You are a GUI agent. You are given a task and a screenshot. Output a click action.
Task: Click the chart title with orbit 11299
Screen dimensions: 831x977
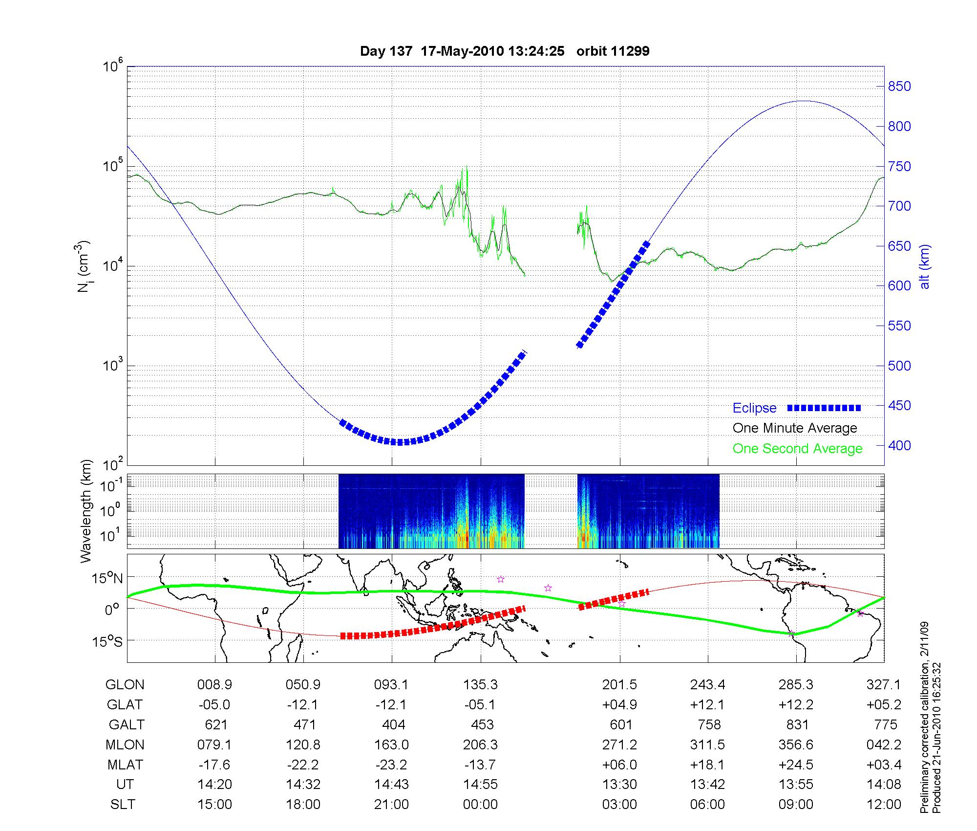pyautogui.click(x=505, y=51)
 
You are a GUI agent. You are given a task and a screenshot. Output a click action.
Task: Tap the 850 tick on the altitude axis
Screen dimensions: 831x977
pyautogui.click(x=899, y=87)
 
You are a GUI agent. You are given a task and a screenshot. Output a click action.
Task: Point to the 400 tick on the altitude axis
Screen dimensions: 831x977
pyautogui.click(x=899, y=445)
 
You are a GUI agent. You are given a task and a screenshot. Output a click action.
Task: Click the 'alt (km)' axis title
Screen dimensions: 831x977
pyautogui.click(x=925, y=266)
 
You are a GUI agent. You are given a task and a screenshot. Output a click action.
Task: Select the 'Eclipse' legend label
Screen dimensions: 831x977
pyautogui.click(x=754, y=408)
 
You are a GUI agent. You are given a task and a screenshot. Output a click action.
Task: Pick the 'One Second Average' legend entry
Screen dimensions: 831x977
pyautogui.click(x=797, y=448)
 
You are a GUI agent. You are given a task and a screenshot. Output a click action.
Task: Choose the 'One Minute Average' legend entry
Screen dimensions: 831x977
pyautogui.click(x=795, y=428)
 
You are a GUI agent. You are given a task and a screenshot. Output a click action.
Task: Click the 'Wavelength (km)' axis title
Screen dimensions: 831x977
pyautogui.click(x=86, y=511)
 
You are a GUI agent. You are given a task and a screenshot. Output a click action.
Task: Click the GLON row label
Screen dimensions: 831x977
pyautogui.click(x=125, y=684)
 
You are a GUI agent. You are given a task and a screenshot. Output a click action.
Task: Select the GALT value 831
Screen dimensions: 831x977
pyautogui.click(x=797, y=724)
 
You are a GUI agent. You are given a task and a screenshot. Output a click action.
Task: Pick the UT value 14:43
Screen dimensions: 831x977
pyautogui.click(x=391, y=784)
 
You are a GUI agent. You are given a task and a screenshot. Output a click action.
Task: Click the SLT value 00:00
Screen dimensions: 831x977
pyautogui.click(x=480, y=804)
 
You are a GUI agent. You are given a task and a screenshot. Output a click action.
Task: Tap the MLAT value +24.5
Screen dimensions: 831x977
pyautogui.click(x=796, y=764)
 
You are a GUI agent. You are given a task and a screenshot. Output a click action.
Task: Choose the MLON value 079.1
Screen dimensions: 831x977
pyautogui.click(x=214, y=744)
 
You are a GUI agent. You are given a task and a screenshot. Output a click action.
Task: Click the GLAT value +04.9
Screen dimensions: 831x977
pyautogui.click(x=619, y=704)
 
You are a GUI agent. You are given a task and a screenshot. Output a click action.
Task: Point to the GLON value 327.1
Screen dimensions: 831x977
pyautogui.click(x=883, y=684)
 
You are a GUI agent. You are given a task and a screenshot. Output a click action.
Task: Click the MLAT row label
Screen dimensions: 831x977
pyautogui.click(x=125, y=764)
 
